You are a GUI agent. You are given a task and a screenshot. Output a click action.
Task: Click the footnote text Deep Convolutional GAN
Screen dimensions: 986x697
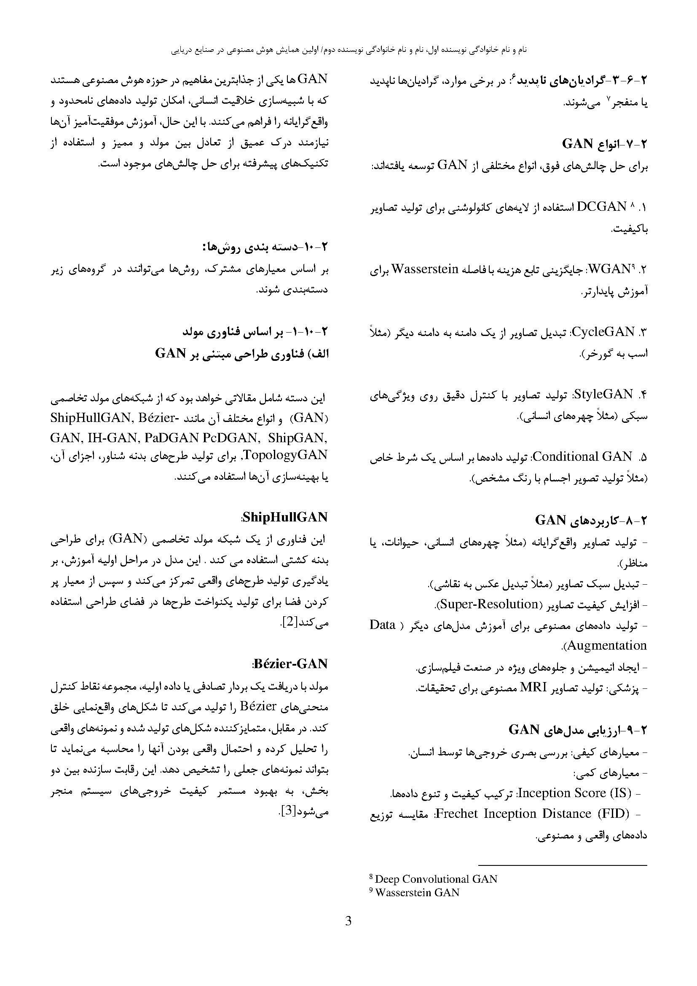click(x=436, y=879)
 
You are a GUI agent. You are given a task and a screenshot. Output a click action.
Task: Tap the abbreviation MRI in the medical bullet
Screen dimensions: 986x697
click(x=533, y=688)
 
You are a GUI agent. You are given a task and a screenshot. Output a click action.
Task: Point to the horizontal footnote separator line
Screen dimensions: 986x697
click(x=562, y=865)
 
